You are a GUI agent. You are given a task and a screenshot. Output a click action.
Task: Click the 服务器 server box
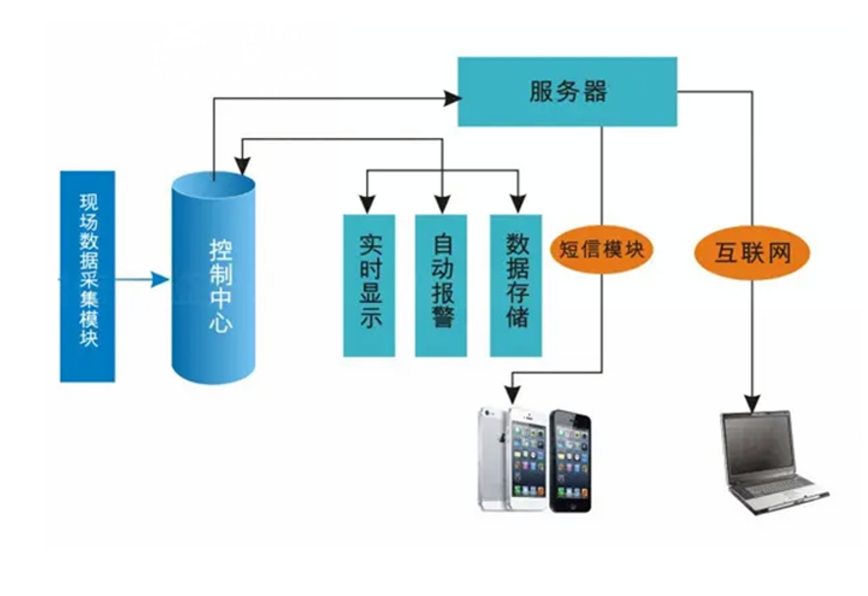tap(567, 91)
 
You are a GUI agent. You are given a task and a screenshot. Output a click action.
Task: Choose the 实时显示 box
tap(368, 284)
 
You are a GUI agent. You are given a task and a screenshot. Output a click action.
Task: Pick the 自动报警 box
tap(442, 284)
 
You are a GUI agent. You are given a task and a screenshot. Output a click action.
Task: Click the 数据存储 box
tap(515, 284)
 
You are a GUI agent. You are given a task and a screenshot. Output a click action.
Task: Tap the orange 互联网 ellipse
tap(753, 254)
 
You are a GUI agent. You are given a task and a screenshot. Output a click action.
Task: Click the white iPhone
tap(511, 459)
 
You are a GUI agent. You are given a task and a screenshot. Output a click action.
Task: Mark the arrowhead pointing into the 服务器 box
tap(453, 97)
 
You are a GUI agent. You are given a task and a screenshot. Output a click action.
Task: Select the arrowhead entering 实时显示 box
tap(367, 207)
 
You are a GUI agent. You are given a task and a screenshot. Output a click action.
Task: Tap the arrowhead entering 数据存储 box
tap(516, 207)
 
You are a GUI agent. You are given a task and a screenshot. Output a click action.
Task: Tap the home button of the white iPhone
tap(507, 500)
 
